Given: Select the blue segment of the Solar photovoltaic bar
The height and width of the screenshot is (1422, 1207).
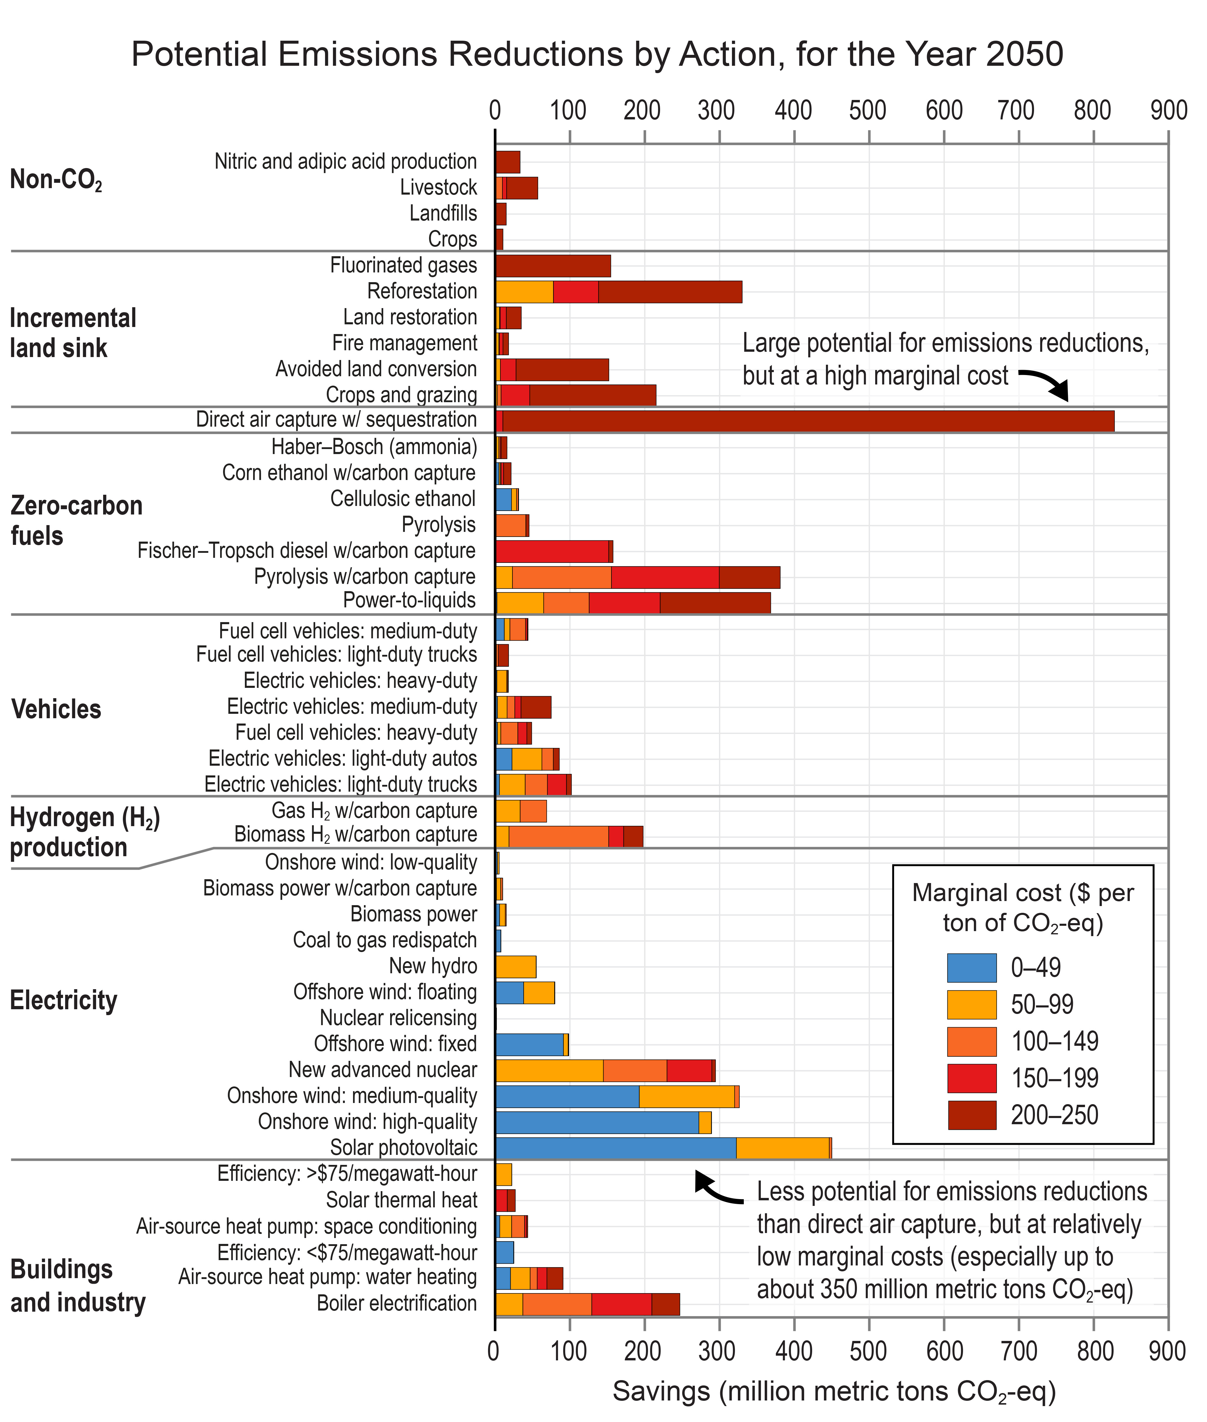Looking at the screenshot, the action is pyautogui.click(x=616, y=1148).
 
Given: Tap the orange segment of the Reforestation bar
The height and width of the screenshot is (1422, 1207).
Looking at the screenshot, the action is pyautogui.click(x=524, y=292).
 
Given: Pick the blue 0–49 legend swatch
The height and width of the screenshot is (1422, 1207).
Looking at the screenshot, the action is pyautogui.click(x=972, y=967).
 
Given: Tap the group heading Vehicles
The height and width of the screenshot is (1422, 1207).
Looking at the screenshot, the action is pyautogui.click(x=56, y=709).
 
